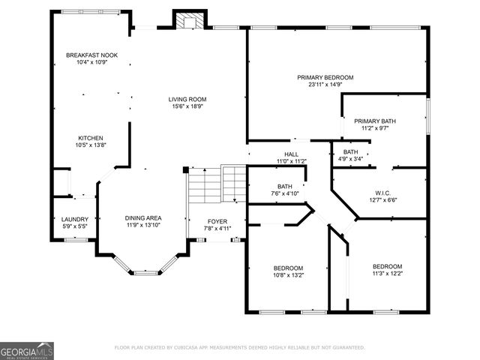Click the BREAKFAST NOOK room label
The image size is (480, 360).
pyautogui.click(x=91, y=55)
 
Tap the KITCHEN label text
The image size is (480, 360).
pyautogui.click(x=91, y=138)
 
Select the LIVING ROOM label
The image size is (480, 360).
pyautogui.click(x=187, y=99)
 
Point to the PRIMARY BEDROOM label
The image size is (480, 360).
pyautogui.click(x=325, y=77)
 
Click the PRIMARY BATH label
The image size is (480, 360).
pyautogui.click(x=375, y=121)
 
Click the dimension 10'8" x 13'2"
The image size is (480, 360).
pyautogui.click(x=288, y=275)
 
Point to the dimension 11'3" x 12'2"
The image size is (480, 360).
pyautogui.click(x=387, y=274)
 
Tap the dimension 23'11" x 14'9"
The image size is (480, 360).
pyautogui.click(x=325, y=85)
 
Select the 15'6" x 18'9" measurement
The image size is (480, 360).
pyautogui.click(x=187, y=106)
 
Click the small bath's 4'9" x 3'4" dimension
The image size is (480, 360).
pyautogui.click(x=351, y=159)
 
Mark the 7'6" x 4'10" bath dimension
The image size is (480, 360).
pyautogui.click(x=284, y=193)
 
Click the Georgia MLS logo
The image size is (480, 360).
pyautogui.click(x=27, y=350)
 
